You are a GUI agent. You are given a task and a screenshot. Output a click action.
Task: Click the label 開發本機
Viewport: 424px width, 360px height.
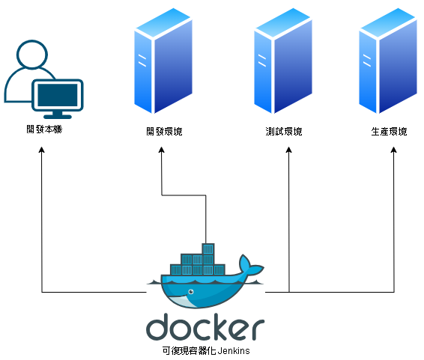[44, 129]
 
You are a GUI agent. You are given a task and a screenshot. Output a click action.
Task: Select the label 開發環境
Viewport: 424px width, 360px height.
[164, 132]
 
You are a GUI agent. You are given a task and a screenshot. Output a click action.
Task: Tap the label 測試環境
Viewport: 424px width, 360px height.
[284, 132]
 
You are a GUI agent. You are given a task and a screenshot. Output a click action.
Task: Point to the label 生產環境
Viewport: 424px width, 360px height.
[389, 132]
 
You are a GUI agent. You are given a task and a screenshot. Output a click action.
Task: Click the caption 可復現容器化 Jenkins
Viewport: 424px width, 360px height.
[206, 350]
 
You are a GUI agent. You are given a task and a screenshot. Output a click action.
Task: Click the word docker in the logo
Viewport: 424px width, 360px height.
[205, 326]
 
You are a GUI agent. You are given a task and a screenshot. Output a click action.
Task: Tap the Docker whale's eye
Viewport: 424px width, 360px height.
[191, 292]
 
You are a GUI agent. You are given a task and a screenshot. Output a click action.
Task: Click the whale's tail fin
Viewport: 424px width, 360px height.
[250, 265]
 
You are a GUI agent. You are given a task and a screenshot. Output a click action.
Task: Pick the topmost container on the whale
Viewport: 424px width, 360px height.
[208, 248]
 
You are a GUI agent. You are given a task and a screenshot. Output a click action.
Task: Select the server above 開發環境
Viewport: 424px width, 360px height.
[163, 61]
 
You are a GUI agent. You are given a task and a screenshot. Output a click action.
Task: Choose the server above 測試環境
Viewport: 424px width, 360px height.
[283, 61]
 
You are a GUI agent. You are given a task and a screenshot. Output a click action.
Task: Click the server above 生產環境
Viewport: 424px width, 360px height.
[388, 61]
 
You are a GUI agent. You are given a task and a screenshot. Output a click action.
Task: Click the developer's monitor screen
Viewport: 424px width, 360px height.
[58, 95]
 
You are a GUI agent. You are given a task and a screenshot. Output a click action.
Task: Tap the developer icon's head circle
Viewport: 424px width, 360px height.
[32, 55]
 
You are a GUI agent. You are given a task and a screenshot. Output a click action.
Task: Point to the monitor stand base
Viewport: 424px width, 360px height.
[58, 117]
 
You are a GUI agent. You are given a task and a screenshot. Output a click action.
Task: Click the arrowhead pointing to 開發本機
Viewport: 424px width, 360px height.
[42, 150]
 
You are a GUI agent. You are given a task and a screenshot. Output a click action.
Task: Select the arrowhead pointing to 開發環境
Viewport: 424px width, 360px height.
[162, 150]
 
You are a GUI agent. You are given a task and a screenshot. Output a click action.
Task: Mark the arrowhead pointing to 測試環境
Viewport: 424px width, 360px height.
[289, 150]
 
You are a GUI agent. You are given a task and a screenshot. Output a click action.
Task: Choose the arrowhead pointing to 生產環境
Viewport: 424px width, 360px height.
[394, 150]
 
